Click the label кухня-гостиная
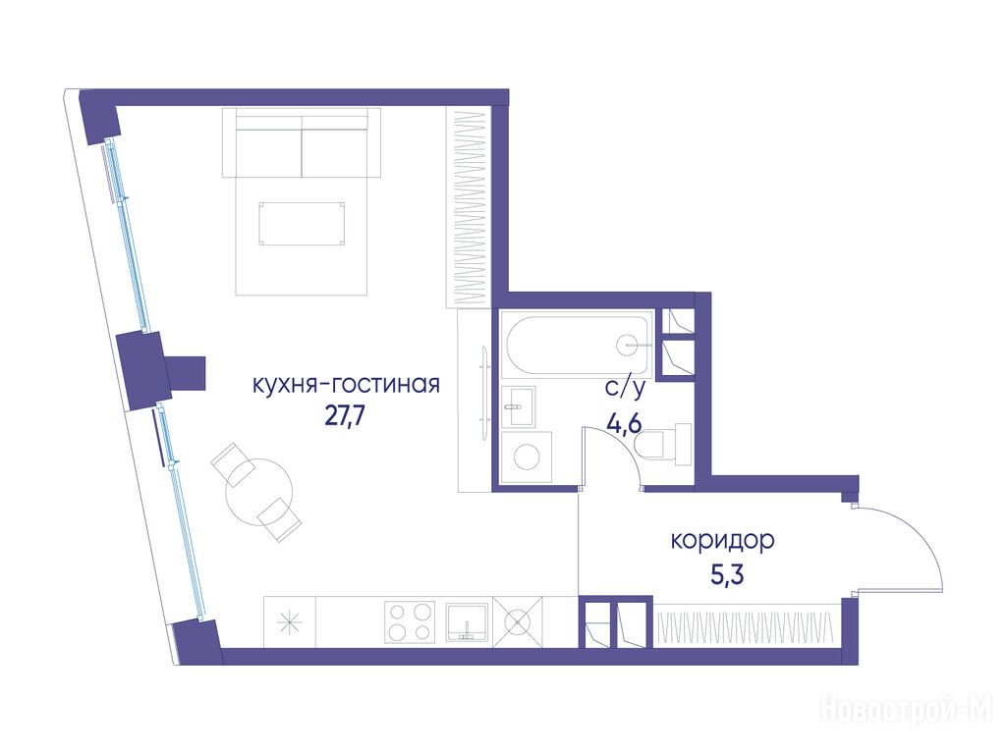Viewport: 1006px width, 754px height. point(346,385)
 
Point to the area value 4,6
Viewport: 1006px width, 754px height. point(624,424)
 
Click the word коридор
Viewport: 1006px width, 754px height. point(722,542)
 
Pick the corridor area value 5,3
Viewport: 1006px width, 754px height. point(726,574)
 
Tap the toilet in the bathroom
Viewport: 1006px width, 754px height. point(662,442)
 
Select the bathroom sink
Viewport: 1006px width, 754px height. point(518,406)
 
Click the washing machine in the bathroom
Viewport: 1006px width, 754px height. point(527,457)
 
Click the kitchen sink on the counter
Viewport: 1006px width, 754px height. point(468,621)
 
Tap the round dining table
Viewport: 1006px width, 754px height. point(259,492)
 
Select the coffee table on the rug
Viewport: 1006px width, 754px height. point(302,223)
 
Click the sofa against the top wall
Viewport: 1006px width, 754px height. point(302,142)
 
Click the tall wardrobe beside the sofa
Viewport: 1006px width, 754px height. point(469,207)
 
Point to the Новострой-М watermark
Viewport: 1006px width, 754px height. point(907,710)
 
